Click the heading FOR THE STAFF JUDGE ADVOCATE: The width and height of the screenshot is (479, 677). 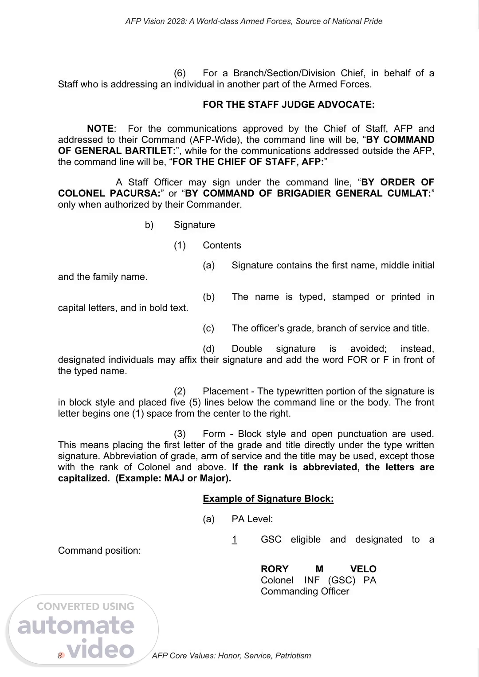(x=288, y=105)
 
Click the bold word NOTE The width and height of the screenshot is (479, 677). (x=100, y=129)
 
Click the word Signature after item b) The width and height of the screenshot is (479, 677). (x=194, y=225)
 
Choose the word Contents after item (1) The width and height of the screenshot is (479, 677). (x=222, y=245)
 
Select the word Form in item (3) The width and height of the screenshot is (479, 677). (x=214, y=434)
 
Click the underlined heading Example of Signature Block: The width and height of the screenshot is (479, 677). (x=268, y=499)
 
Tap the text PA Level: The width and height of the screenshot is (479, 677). (x=252, y=519)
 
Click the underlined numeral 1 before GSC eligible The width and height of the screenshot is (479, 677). (x=234, y=539)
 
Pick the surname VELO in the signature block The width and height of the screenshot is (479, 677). (x=363, y=569)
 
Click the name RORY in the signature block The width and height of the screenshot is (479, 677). (x=275, y=569)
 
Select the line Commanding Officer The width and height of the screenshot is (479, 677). (x=305, y=591)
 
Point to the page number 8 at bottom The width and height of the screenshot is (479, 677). (x=59, y=656)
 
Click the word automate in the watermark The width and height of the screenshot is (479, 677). (x=76, y=626)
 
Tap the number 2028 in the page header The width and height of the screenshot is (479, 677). (x=177, y=21)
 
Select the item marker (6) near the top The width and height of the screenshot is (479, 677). (x=180, y=73)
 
